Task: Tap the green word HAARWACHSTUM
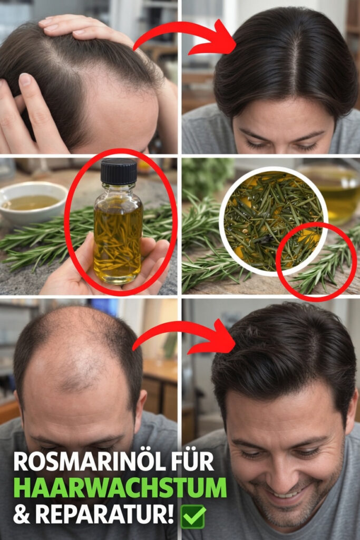[x=120, y=488]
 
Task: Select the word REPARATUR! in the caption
[x=105, y=515]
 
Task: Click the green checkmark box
[x=193, y=517]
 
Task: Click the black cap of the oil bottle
[x=119, y=171]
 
